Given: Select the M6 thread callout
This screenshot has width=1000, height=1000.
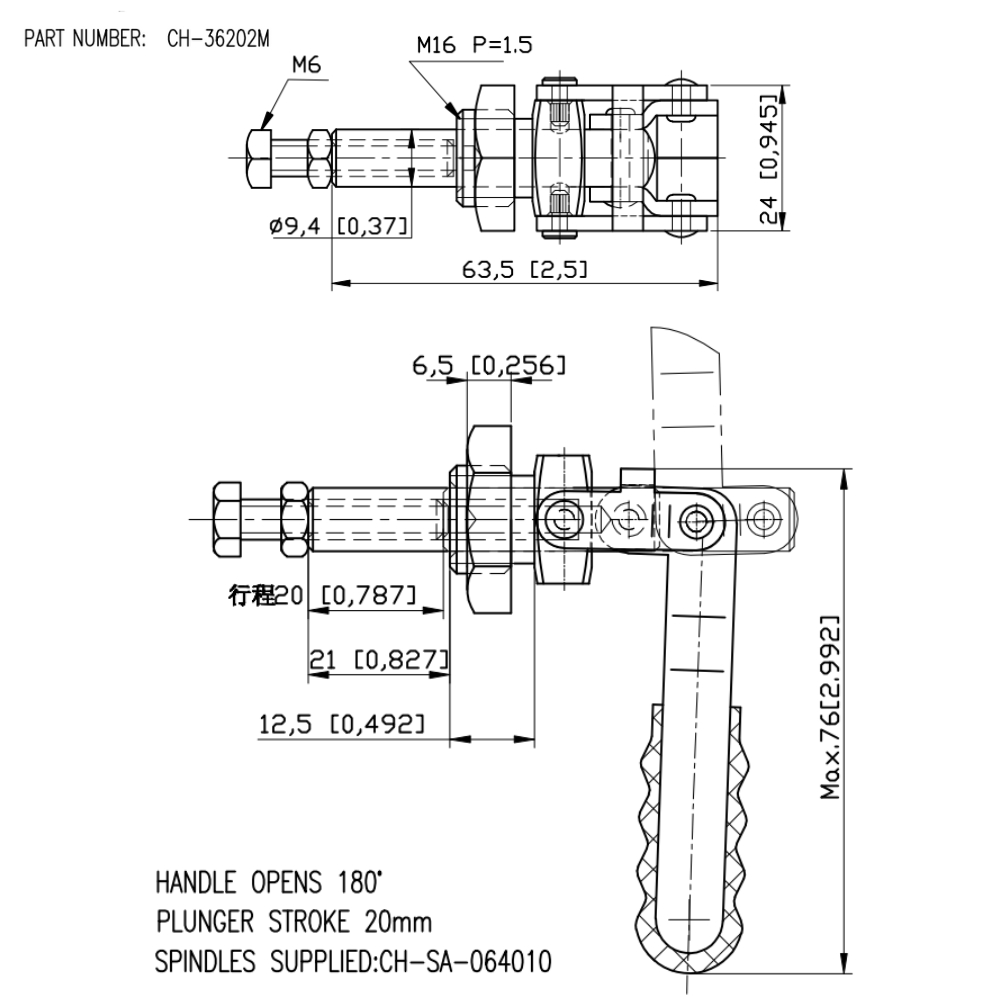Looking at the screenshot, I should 306,66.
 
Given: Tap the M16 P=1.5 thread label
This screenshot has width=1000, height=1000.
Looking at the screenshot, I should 475,44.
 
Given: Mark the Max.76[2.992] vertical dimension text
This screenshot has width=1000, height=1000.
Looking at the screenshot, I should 830,706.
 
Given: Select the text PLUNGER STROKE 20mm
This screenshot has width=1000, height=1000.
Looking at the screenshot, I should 294,922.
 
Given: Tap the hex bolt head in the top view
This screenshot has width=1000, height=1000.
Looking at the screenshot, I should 257,159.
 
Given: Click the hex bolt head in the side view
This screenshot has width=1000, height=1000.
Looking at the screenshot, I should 227,521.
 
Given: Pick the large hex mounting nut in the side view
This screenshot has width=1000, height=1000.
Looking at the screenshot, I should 489,520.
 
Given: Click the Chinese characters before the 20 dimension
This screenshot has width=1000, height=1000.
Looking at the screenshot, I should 251,596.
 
